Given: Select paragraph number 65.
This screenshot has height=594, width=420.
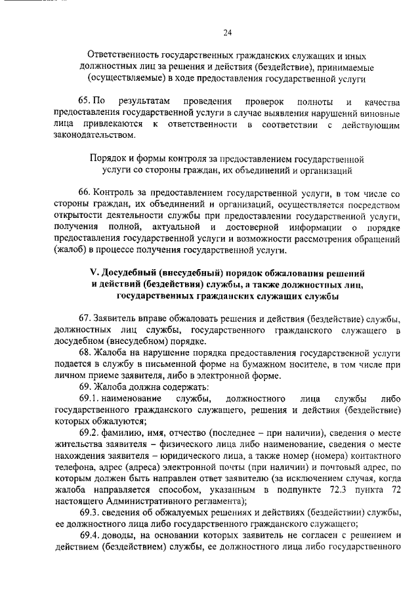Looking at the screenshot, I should click(x=84, y=102).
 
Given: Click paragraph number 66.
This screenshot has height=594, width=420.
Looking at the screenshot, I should click(x=84, y=194).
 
